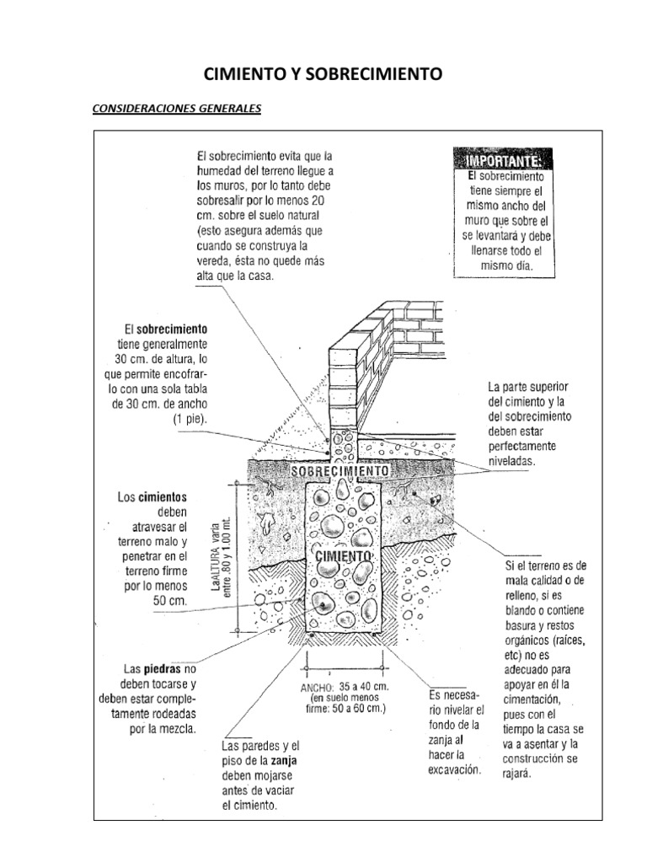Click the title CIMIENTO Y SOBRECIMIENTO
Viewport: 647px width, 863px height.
point(323,75)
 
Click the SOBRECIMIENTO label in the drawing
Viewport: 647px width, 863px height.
point(340,471)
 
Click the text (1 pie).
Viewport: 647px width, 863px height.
point(189,418)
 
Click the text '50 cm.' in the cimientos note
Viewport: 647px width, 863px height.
point(168,600)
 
